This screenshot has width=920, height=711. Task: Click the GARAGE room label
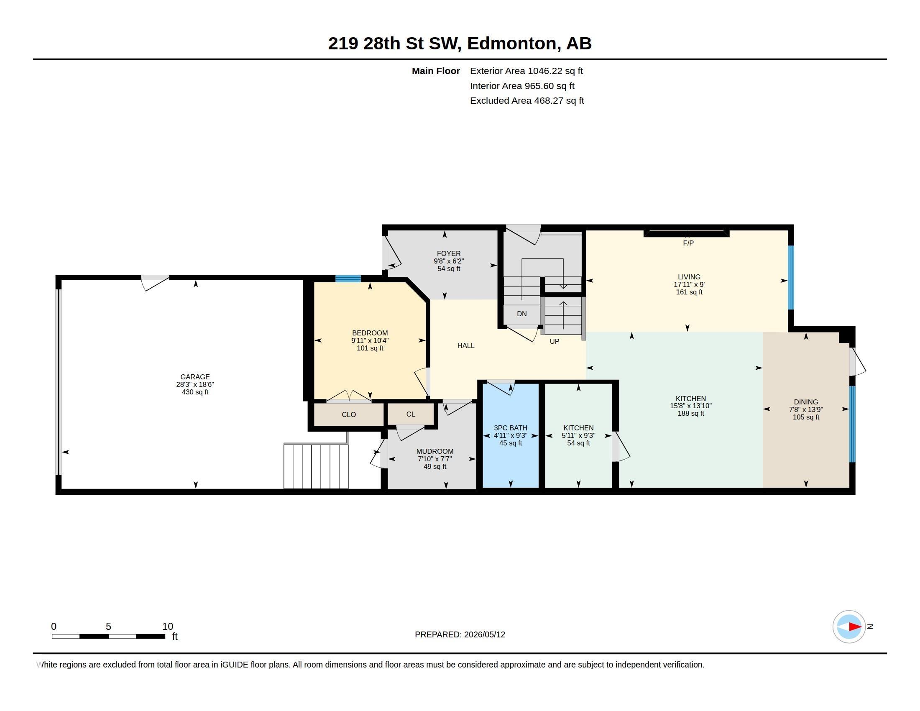(x=195, y=377)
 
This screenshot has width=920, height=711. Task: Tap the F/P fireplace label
(x=688, y=243)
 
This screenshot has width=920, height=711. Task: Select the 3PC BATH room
(x=511, y=435)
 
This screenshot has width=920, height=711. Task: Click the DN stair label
(x=522, y=314)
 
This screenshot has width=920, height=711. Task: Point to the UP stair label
(x=555, y=341)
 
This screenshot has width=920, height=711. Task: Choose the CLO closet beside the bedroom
(x=349, y=414)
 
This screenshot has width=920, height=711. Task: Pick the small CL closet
(x=411, y=414)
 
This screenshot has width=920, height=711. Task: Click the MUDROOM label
(x=435, y=451)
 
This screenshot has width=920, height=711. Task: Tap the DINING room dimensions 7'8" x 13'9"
(x=806, y=409)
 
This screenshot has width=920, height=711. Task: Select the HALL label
(x=466, y=345)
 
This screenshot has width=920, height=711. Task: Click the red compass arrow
(x=855, y=627)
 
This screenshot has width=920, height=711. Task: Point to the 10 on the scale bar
(x=168, y=627)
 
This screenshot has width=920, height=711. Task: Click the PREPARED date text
(x=460, y=634)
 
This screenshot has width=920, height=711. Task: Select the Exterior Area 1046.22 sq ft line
(x=526, y=71)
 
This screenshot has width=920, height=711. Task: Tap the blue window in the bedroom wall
(x=348, y=279)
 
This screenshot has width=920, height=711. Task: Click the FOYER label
(x=449, y=253)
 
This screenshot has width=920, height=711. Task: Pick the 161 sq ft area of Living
(x=689, y=292)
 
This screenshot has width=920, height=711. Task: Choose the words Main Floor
(x=436, y=71)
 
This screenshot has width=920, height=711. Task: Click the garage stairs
(x=316, y=466)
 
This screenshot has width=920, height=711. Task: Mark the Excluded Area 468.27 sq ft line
(x=527, y=101)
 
